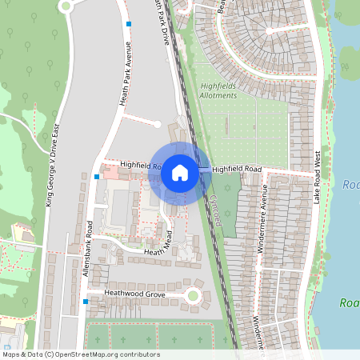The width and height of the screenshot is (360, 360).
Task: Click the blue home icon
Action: click(x=180, y=172)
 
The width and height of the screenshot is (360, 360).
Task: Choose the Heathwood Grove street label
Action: click(x=134, y=294)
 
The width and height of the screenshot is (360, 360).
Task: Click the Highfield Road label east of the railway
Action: click(x=238, y=170)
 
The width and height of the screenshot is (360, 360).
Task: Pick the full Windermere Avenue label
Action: click(x=262, y=218)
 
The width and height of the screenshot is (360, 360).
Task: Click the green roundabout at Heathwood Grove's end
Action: click(x=193, y=296)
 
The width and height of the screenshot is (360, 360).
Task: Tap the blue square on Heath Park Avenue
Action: click(x=128, y=24)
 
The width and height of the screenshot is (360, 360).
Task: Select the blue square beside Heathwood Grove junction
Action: click(x=85, y=302)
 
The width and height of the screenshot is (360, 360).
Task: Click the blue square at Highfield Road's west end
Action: click(x=96, y=176)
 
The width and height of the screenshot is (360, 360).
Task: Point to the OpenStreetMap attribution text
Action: click(x=82, y=354)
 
